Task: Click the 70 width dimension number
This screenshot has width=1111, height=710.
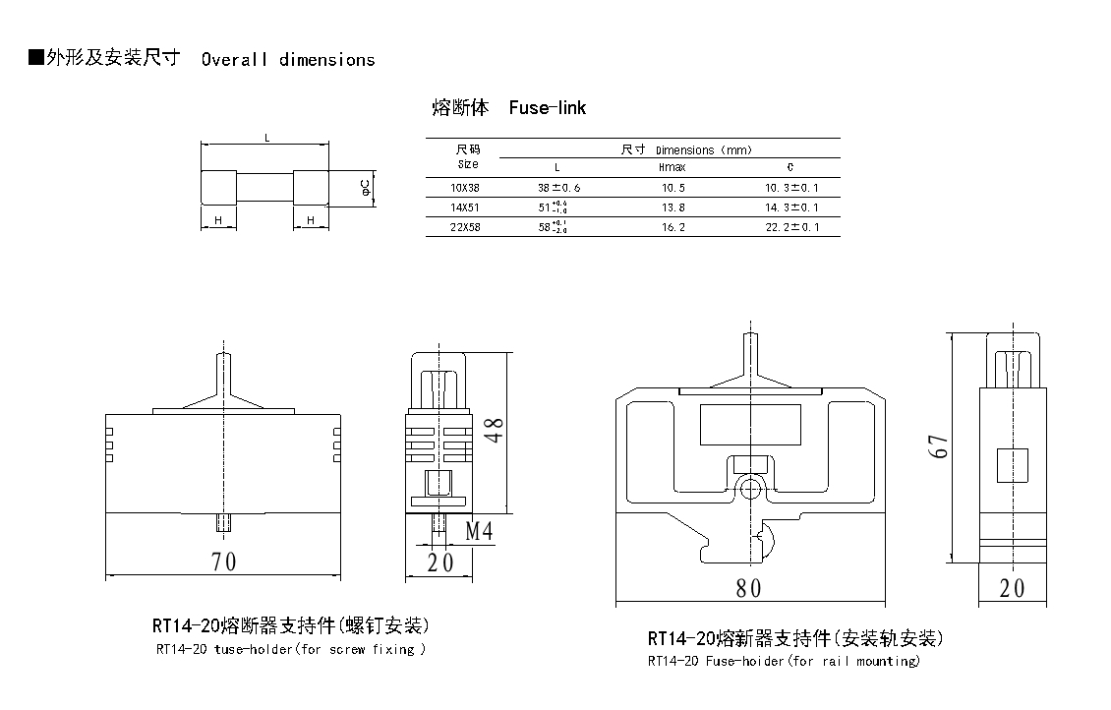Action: (x=223, y=562)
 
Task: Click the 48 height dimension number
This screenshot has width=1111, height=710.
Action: (x=496, y=429)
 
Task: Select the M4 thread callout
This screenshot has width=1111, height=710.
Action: (x=479, y=532)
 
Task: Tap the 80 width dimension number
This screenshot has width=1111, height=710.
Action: (x=749, y=588)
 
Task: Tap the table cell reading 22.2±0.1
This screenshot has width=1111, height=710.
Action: (x=791, y=227)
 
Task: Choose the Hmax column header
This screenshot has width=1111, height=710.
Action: (x=672, y=167)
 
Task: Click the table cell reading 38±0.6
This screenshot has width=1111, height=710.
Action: (x=558, y=187)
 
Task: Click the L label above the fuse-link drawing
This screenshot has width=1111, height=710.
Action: (x=266, y=139)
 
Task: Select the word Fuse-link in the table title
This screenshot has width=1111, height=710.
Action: (x=548, y=108)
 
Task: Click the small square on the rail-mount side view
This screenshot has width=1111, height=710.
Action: (x=1012, y=464)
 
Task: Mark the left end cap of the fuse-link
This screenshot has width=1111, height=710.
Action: (x=218, y=188)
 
